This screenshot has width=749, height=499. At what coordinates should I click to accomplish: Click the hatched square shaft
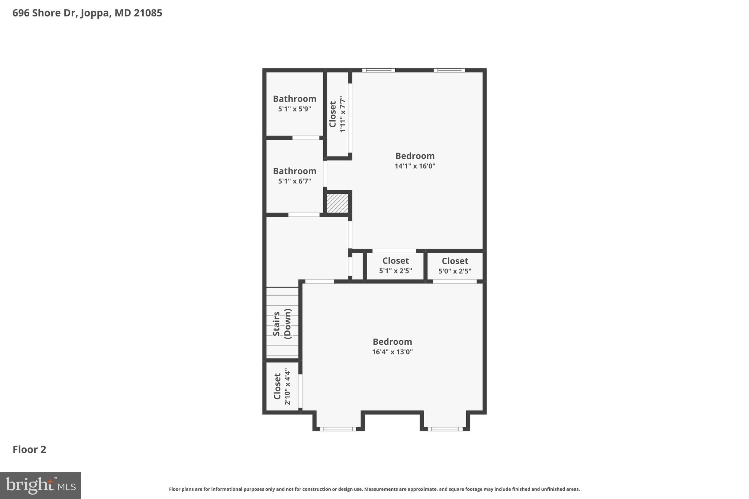(x=338, y=203)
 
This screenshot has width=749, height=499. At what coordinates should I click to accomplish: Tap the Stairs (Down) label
(x=282, y=324)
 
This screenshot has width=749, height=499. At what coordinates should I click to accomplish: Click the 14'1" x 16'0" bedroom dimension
(x=415, y=166)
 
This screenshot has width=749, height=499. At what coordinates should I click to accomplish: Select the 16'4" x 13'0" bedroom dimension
(x=392, y=352)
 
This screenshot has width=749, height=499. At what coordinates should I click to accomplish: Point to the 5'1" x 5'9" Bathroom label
(x=294, y=99)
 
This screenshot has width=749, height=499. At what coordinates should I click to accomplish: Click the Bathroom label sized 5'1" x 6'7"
(x=294, y=171)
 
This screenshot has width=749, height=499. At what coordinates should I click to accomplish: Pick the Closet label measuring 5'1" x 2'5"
(x=395, y=261)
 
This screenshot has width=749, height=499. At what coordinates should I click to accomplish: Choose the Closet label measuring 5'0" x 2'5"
(x=455, y=261)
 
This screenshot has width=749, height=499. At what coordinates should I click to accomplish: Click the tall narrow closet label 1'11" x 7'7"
(x=332, y=114)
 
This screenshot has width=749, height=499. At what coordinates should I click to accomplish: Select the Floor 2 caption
(x=29, y=450)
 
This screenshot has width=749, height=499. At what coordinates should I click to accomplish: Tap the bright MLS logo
(x=41, y=485)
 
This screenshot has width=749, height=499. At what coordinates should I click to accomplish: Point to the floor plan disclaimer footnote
(x=374, y=489)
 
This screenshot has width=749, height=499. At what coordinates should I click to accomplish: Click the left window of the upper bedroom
(x=379, y=70)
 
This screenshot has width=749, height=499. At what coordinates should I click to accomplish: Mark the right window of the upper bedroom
(x=449, y=70)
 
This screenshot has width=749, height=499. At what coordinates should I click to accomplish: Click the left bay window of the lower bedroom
(x=338, y=429)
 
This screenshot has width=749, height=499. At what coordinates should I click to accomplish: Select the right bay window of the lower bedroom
(x=445, y=429)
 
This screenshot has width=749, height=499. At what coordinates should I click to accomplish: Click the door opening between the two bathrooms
(x=306, y=138)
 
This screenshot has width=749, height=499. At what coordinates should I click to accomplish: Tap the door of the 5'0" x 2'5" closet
(x=455, y=281)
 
